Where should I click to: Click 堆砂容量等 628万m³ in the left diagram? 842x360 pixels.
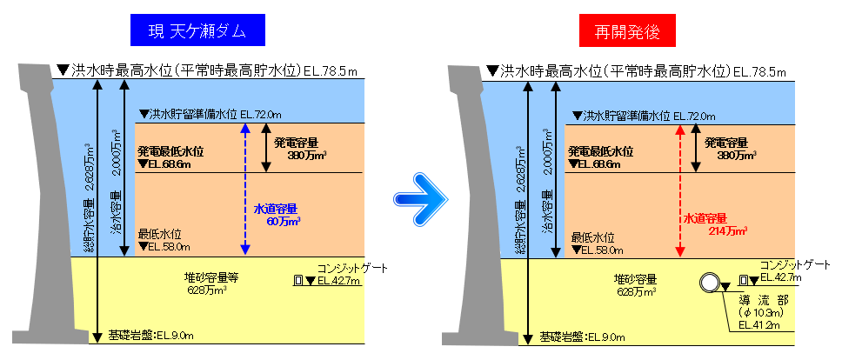tap(213, 284)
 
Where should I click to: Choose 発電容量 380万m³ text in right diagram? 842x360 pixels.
tap(731, 149)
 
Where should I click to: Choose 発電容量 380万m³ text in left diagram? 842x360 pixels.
tap(299, 149)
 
